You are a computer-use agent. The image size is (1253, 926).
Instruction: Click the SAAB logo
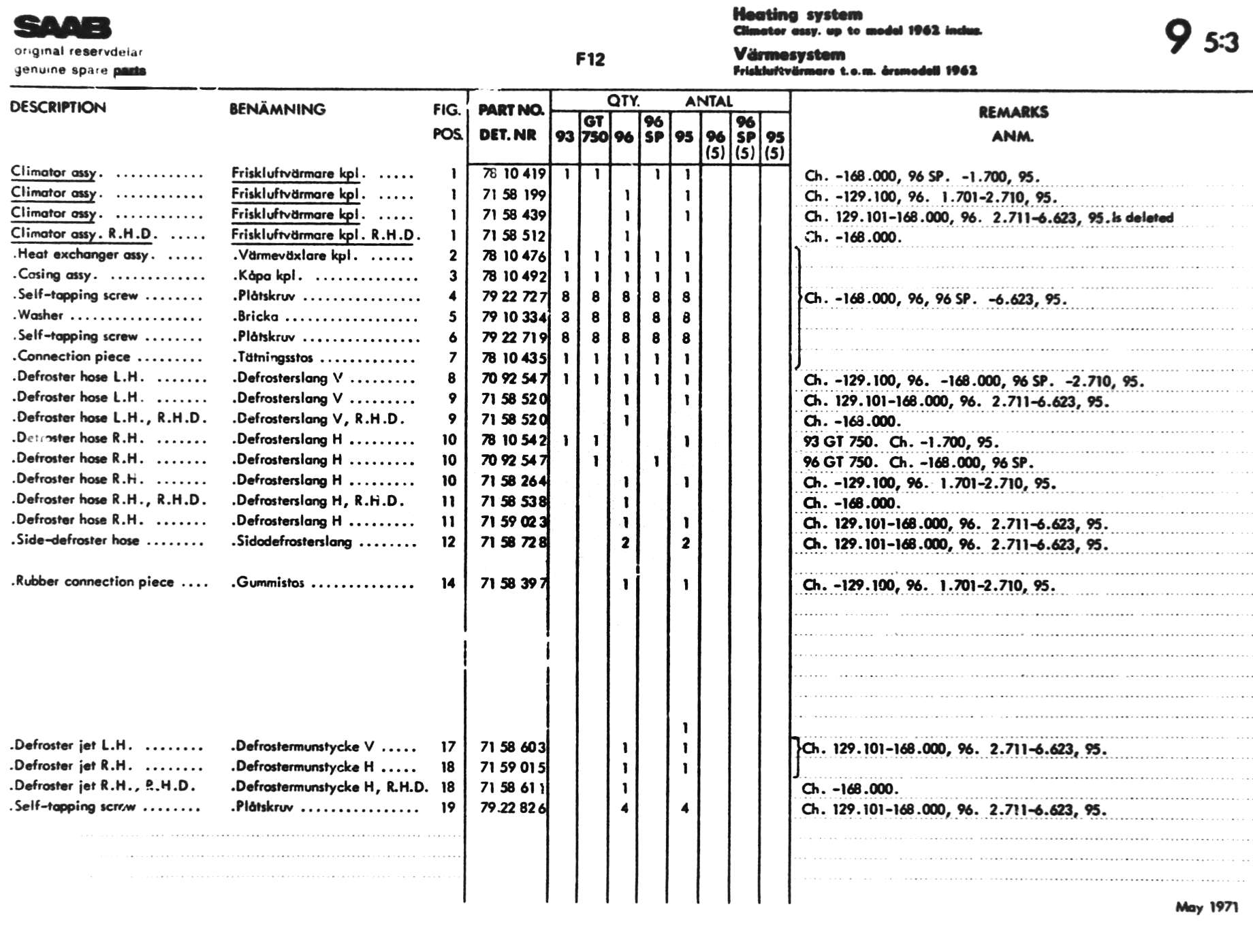pos(62,28)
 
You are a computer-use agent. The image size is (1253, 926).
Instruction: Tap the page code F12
pos(590,60)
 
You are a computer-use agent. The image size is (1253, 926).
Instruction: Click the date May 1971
pos(1206,907)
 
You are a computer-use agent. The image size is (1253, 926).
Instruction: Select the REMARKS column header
pos(1013,112)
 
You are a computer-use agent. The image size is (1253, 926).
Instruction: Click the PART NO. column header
pos(511,110)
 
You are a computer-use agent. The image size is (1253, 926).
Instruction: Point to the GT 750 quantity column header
pos(594,129)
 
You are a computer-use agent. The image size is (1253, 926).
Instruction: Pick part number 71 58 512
pos(513,236)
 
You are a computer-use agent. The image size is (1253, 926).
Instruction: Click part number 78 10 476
pos(513,256)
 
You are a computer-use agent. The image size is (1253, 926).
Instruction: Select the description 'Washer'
pos(41,315)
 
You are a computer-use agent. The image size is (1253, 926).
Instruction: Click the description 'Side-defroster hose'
pos(78,541)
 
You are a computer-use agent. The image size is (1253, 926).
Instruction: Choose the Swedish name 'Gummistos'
pos(270,583)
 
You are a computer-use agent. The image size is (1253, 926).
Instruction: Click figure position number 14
pos(447,583)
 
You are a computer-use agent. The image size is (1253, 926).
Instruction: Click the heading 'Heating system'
pos(797,14)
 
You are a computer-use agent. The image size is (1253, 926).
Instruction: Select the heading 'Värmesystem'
pos(789,54)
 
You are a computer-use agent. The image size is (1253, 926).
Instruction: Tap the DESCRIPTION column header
pos(58,108)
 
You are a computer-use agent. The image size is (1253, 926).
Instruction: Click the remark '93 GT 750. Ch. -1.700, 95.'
pos(900,442)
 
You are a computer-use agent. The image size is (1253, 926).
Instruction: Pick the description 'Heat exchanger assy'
pos(82,255)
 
